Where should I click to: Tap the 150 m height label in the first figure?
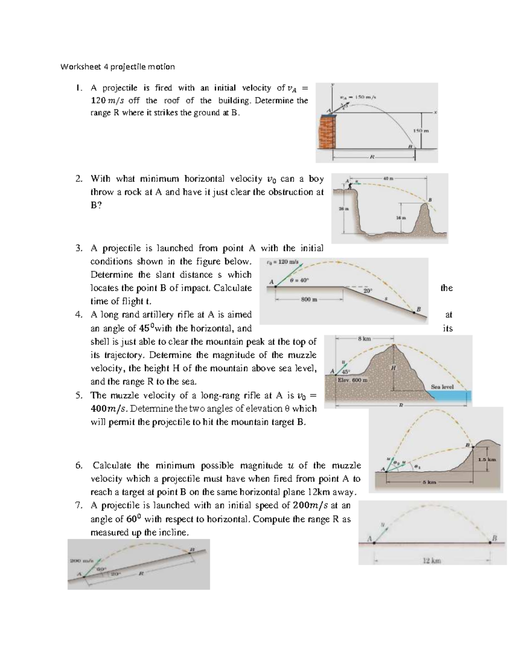pos(421,130)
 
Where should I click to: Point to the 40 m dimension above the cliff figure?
pos(388,177)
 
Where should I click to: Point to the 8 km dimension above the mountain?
pos(364,339)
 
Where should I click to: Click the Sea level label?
pos(442,387)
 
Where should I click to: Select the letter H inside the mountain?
pos(393,368)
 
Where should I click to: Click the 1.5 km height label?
pos(487,460)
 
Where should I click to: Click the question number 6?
pos(78,466)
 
